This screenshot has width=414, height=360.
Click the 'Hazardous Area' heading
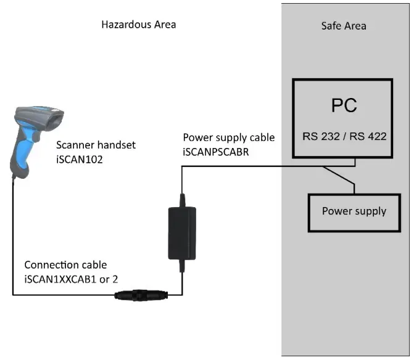(x=139, y=25)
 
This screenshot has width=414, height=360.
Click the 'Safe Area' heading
(x=344, y=26)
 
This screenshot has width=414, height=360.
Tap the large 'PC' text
(x=344, y=106)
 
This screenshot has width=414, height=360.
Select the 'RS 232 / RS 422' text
(x=344, y=136)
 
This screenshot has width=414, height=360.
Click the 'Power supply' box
(x=354, y=211)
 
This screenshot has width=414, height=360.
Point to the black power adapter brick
(x=181, y=233)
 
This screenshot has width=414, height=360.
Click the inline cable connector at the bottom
(x=139, y=296)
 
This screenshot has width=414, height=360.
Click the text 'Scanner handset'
(x=96, y=145)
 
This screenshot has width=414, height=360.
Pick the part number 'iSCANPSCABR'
(x=217, y=151)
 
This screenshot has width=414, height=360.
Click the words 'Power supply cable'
(x=228, y=137)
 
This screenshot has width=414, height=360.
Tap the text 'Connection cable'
(x=65, y=265)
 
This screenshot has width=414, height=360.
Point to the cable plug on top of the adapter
(x=181, y=200)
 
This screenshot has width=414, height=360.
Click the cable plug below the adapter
(x=181, y=266)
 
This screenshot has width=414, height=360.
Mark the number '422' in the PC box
(x=376, y=136)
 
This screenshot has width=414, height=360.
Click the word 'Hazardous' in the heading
(x=126, y=25)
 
